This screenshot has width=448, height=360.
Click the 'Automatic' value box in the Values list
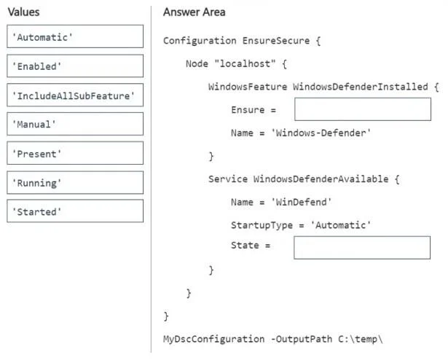(x=75, y=36)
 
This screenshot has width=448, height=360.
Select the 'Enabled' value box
(x=75, y=66)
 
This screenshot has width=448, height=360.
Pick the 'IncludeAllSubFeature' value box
(x=75, y=95)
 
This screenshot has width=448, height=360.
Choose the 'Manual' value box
(x=75, y=124)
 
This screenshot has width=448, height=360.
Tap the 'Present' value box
(x=75, y=153)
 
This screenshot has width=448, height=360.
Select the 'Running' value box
(x=75, y=182)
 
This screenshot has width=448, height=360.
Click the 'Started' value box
(x=75, y=211)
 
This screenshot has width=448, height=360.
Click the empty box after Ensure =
(x=363, y=109)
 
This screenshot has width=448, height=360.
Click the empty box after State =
(x=362, y=248)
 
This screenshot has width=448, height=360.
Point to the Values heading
(x=24, y=12)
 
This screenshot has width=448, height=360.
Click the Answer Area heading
(x=194, y=12)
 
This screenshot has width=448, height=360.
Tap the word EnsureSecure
(x=276, y=41)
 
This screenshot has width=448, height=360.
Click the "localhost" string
(x=245, y=63)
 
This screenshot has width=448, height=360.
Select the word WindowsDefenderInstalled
(x=361, y=87)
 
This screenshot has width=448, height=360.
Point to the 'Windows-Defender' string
(x=321, y=133)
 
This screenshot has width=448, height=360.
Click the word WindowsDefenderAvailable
(x=321, y=179)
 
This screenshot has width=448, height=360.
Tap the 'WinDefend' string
(x=301, y=202)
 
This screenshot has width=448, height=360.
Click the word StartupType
(x=262, y=225)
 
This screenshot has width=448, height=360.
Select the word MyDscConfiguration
(x=213, y=339)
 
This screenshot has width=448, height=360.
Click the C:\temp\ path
(x=361, y=339)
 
